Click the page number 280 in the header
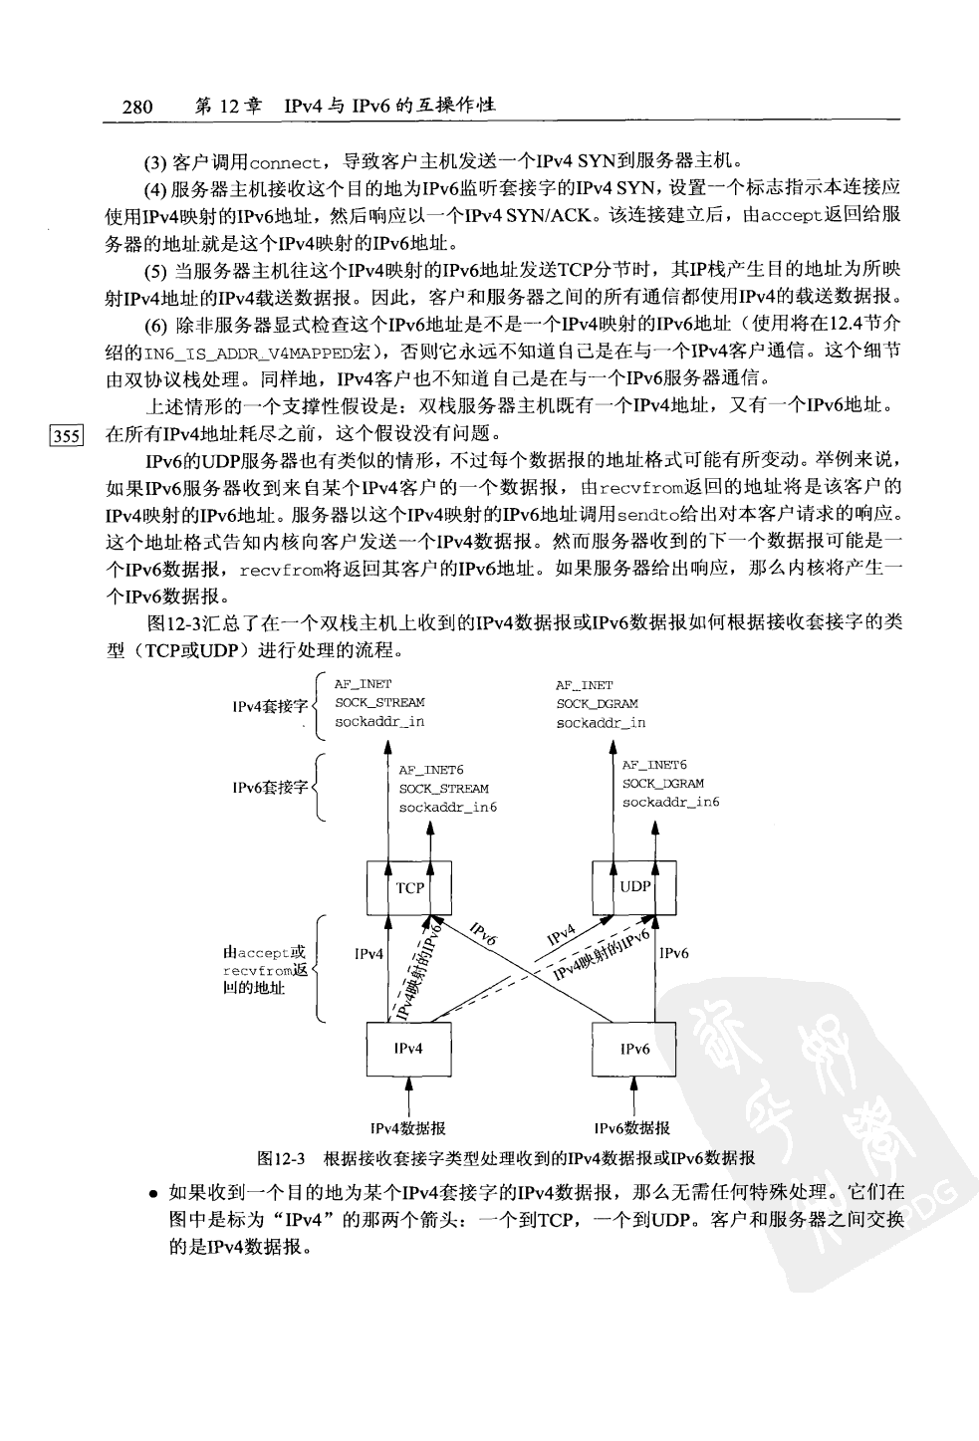click(x=136, y=107)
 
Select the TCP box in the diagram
click(x=409, y=887)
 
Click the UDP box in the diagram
click(x=634, y=886)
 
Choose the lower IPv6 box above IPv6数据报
click(x=634, y=1049)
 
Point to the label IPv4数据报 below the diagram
click(x=407, y=1128)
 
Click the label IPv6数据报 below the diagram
click(x=633, y=1128)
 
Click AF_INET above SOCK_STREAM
click(x=364, y=685)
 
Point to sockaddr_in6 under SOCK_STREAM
click(x=448, y=807)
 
